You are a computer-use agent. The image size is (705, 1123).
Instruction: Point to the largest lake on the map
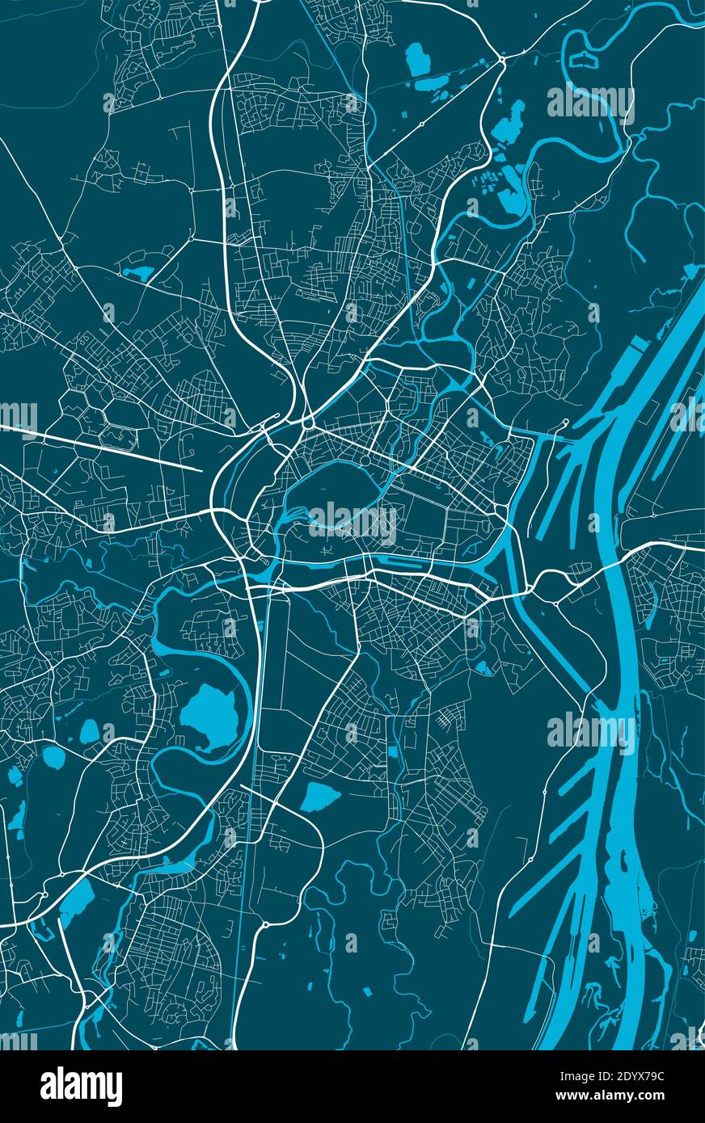click(209, 716)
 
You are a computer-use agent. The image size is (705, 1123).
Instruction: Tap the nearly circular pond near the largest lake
click(53, 757)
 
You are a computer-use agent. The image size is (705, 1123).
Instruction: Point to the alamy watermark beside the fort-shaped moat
click(591, 103)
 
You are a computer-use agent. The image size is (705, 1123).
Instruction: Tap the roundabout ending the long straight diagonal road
click(502, 59)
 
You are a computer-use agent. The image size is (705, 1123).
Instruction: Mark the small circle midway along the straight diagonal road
click(422, 124)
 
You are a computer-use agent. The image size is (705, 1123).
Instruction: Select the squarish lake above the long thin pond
click(418, 58)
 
